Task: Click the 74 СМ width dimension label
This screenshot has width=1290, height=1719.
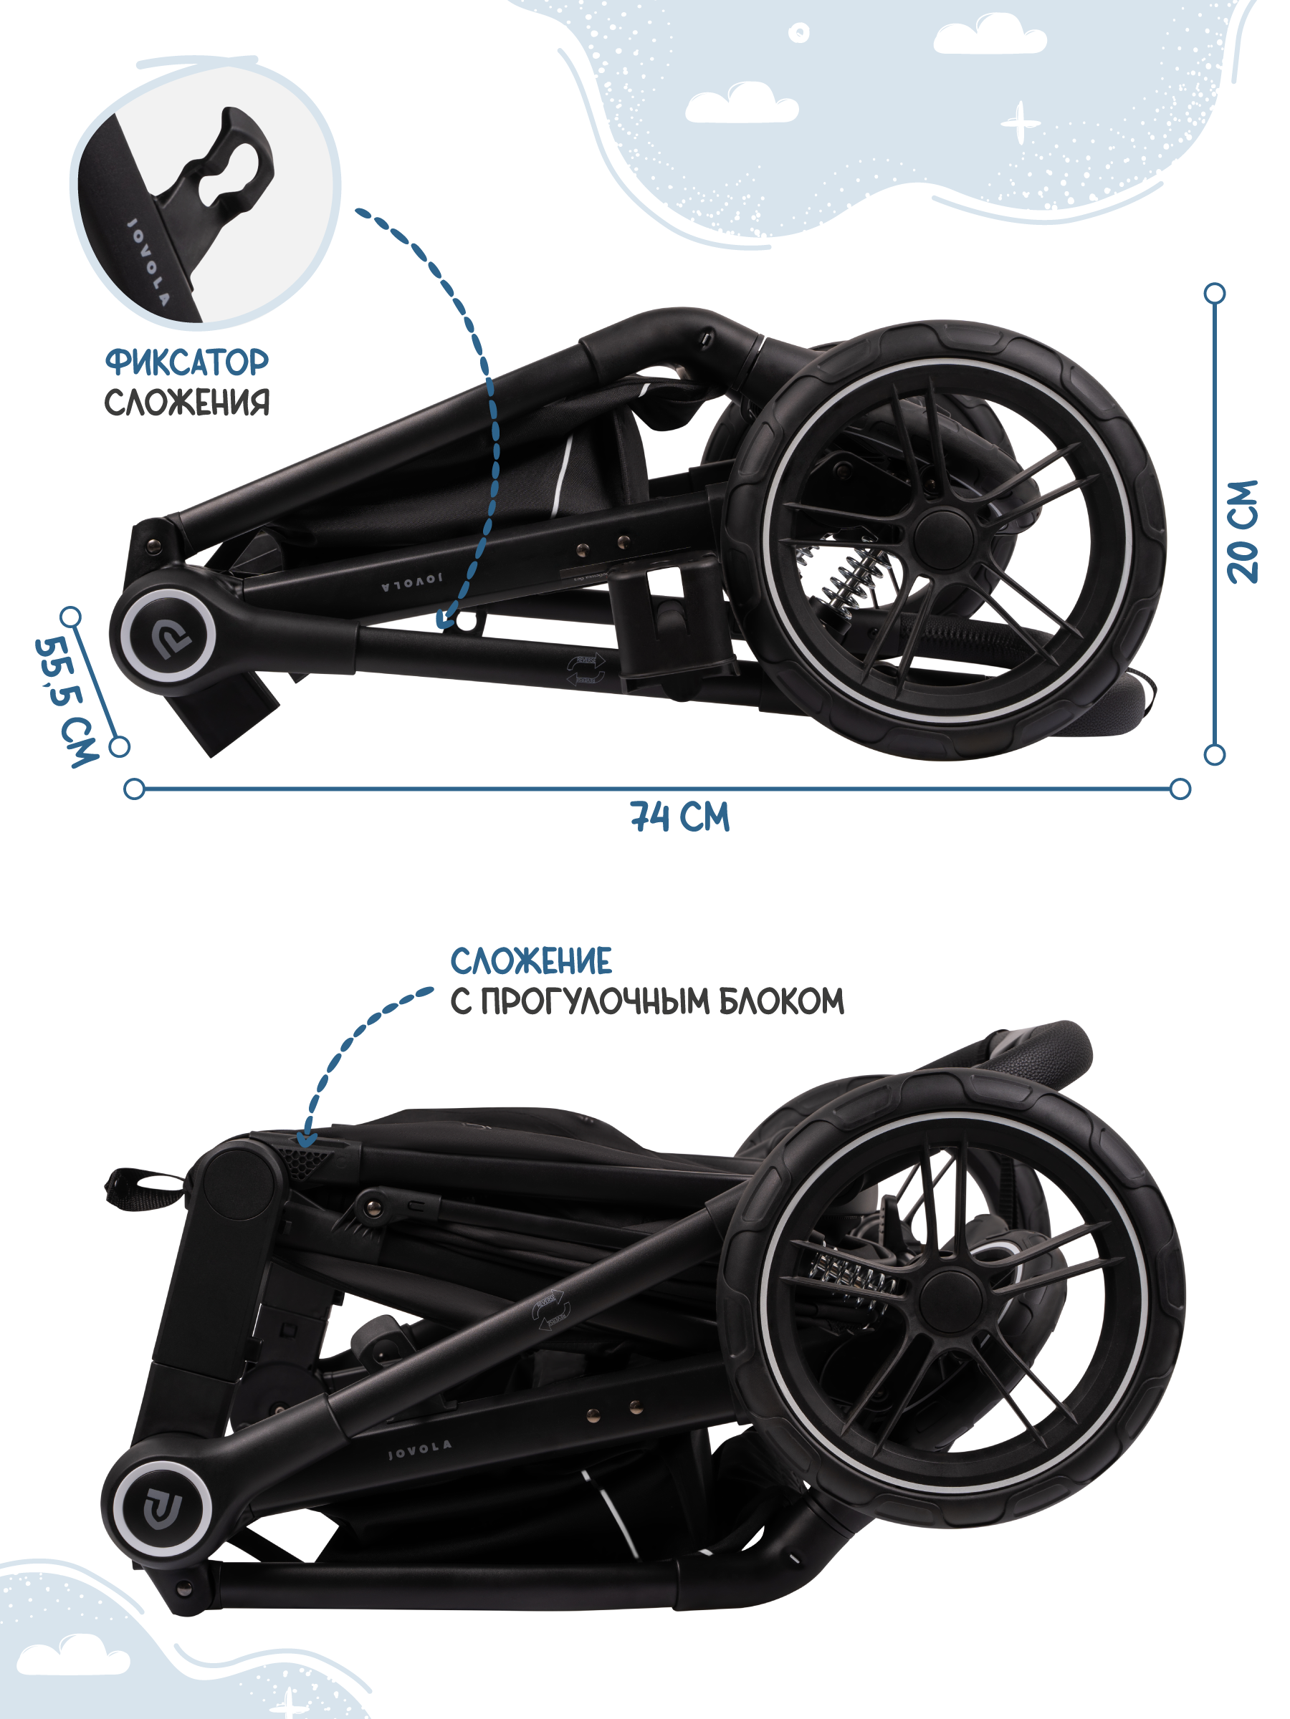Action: (x=679, y=817)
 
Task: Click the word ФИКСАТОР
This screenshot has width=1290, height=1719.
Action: (x=186, y=362)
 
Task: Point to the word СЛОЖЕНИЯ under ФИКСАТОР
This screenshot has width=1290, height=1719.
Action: (x=186, y=403)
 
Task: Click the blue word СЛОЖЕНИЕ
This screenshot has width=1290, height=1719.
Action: (x=530, y=961)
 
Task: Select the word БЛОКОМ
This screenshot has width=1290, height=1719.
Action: (x=780, y=1002)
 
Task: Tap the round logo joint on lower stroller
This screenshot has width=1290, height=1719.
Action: (x=162, y=1509)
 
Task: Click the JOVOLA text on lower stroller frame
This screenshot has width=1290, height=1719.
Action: (x=419, y=1448)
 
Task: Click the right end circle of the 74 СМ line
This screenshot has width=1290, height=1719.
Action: (x=1180, y=789)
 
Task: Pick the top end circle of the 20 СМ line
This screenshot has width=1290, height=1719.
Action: (x=1214, y=293)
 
